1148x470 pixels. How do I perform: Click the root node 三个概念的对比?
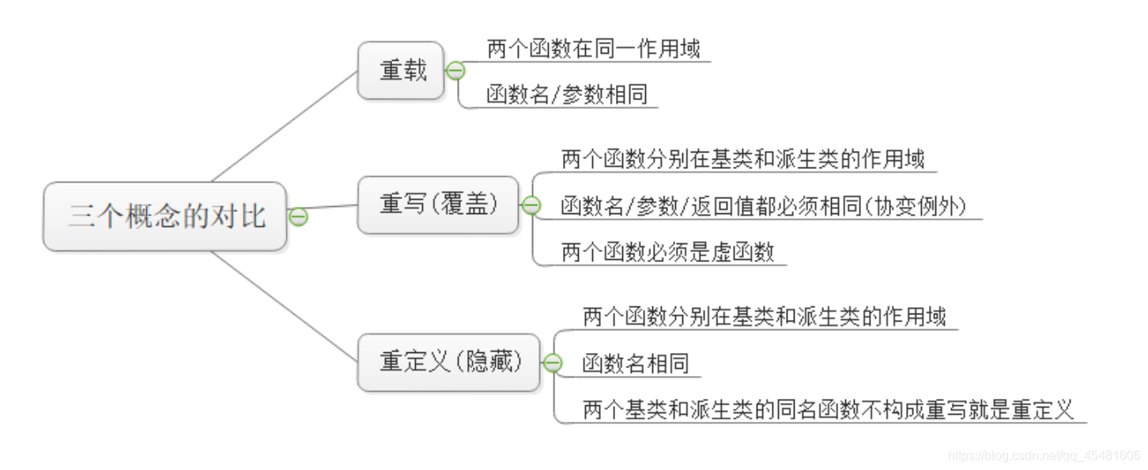point(164,216)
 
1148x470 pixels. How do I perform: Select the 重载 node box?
point(401,71)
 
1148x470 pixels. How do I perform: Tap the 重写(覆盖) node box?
point(438,205)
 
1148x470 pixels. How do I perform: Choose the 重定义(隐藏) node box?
point(449,363)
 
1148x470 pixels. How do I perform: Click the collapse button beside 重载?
point(455,71)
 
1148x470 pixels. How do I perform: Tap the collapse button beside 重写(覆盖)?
point(531,205)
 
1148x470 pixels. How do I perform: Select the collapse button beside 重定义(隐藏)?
point(552,363)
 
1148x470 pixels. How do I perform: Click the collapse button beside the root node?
point(297,216)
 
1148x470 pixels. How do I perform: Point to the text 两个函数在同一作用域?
point(593,50)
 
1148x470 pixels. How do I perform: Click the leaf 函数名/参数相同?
point(567,95)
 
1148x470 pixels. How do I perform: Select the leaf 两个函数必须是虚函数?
point(667,253)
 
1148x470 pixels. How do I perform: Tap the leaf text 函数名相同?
point(636,363)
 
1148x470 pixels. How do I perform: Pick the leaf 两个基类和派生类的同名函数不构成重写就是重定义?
point(828,410)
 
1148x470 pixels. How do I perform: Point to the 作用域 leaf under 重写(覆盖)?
point(742,160)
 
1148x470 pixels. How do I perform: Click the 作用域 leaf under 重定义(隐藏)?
point(764,318)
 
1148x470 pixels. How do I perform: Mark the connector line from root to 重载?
point(285,126)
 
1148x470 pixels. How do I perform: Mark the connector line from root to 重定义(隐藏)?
point(285,308)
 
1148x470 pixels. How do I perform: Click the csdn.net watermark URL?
point(1044,456)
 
